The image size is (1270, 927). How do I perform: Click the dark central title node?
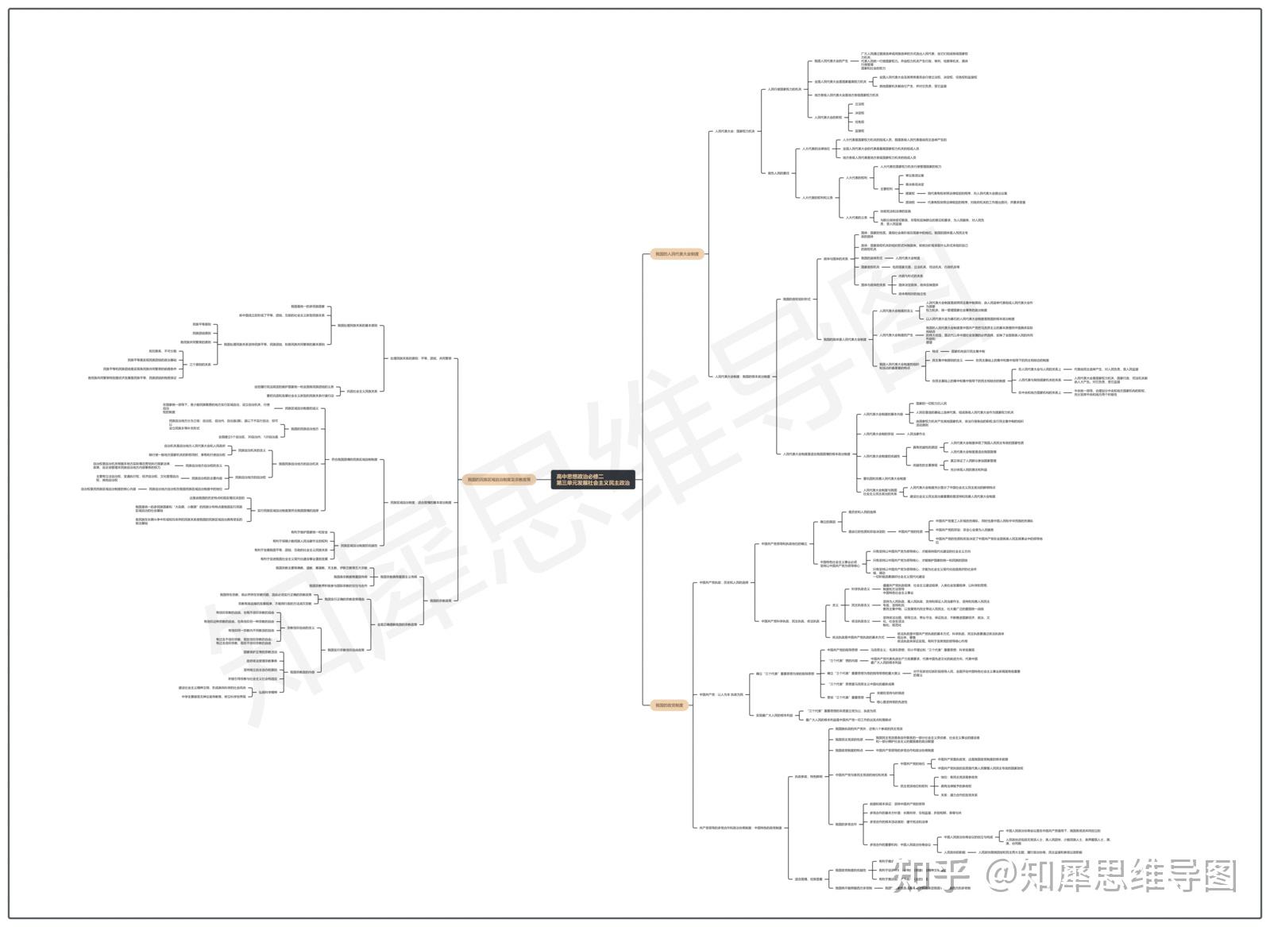pos(593,479)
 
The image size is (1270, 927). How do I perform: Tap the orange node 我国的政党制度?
pos(667,705)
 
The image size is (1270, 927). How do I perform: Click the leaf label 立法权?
pos(859,104)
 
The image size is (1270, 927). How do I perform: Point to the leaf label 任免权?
pos(859,122)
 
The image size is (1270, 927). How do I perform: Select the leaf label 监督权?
pos(859,130)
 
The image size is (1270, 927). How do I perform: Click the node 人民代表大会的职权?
pos(827,117)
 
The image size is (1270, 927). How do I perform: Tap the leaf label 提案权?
pos(910,193)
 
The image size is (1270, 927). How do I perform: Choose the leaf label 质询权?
pos(910,202)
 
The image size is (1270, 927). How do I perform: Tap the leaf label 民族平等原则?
pos(202,324)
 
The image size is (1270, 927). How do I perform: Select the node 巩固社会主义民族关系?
pos(362,391)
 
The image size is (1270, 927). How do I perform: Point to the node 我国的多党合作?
pos(846,824)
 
